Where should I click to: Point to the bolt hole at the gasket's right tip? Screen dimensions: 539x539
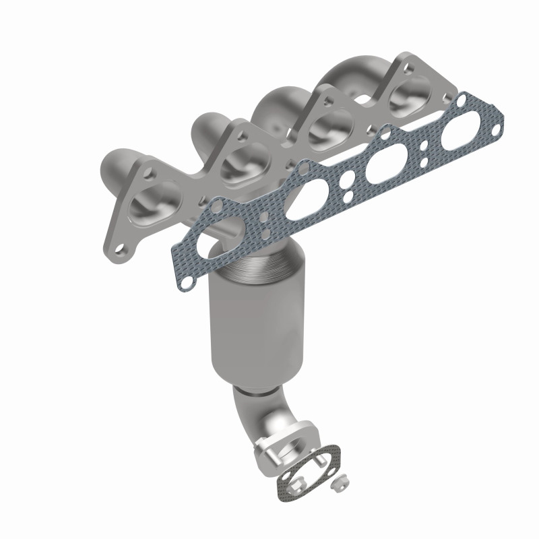[497, 124]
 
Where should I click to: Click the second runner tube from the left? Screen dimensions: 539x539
[202, 128]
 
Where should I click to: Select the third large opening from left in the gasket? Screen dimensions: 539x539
[381, 168]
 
